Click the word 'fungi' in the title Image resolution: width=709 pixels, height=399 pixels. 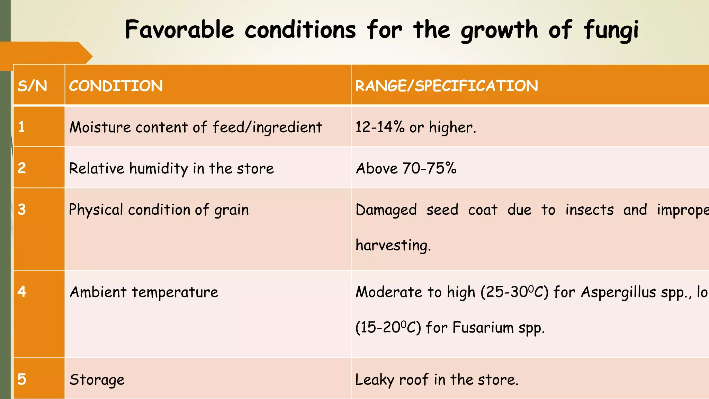point(611,30)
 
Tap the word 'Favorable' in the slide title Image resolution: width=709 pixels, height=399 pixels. point(179,29)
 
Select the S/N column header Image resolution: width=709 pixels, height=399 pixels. point(32,86)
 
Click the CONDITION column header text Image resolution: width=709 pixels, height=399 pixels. point(116,86)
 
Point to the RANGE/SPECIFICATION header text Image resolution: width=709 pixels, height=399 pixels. point(447,86)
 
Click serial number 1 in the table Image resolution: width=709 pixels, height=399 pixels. point(21,127)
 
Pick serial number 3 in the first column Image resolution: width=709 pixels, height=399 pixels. point(22,209)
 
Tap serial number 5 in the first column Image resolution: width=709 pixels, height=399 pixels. point(22,379)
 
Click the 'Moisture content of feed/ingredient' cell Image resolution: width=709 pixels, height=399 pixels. point(196,127)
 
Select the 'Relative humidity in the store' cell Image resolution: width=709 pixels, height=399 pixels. point(171,168)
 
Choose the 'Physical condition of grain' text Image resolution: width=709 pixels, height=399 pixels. point(159,210)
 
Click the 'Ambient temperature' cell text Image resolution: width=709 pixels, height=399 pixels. point(144,292)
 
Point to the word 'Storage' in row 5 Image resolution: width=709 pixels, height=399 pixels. point(97,380)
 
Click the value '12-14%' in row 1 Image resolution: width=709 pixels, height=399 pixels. point(380,127)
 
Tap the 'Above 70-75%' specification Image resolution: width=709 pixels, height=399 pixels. point(406,168)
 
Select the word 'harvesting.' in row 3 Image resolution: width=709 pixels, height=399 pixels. point(393,245)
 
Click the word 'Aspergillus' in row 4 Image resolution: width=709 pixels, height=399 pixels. point(618,292)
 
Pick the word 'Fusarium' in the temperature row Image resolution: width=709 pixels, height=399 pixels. point(483,327)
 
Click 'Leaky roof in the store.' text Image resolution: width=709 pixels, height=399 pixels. point(437,380)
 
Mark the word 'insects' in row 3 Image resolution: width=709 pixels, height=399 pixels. point(590,210)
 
